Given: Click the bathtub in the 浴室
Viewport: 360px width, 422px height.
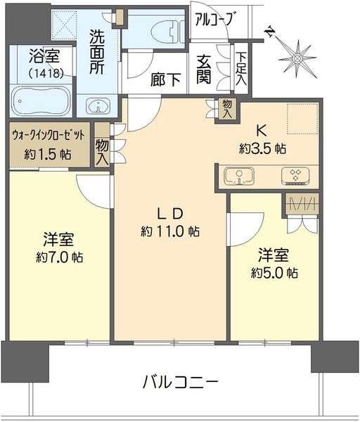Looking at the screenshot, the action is pyautogui.click(x=41, y=101).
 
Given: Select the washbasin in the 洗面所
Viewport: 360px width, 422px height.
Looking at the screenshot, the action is pyautogui.click(x=98, y=105).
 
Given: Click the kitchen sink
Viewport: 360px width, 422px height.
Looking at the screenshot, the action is pyautogui.click(x=239, y=176).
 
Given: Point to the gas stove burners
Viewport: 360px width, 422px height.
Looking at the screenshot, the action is pyautogui.click(x=296, y=175).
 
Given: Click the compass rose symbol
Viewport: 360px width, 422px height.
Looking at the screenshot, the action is pyautogui.click(x=297, y=58).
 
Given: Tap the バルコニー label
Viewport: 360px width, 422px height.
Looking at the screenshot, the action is pyautogui.click(x=180, y=383).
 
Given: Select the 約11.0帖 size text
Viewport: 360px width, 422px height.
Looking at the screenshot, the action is pyautogui.click(x=170, y=231).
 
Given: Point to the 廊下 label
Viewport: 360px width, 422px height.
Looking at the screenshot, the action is pyautogui.click(x=165, y=79).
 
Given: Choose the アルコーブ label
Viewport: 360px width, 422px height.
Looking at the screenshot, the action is pyautogui.click(x=214, y=20).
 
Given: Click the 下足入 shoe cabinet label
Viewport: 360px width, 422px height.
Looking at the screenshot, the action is pyautogui.click(x=241, y=69).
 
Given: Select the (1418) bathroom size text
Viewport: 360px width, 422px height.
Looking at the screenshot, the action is pyautogui.click(x=46, y=73).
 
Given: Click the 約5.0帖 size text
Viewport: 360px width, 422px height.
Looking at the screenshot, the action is pyautogui.click(x=274, y=273).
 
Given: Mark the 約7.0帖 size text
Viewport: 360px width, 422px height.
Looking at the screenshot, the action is pyautogui.click(x=60, y=257).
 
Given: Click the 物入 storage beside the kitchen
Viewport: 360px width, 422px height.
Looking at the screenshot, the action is pyautogui.click(x=227, y=108).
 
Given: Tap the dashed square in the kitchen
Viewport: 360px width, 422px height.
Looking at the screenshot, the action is pyautogui.click(x=302, y=118).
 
